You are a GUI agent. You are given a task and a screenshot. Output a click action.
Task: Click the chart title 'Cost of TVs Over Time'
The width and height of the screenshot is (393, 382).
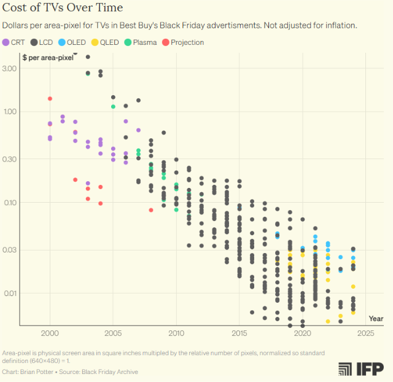[63, 8]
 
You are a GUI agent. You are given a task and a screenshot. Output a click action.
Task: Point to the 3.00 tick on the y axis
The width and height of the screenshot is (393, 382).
[10, 68]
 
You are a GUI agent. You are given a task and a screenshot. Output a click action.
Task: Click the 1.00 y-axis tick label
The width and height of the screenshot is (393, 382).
[10, 112]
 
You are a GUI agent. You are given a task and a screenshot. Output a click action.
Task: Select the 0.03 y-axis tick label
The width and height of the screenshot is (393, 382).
[10, 250]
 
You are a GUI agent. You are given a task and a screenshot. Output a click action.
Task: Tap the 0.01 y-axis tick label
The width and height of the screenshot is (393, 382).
[10, 294]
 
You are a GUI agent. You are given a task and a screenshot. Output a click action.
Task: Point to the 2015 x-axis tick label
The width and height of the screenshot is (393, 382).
[239, 333]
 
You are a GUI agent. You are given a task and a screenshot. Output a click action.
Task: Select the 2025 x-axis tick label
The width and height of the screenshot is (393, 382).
[366, 333]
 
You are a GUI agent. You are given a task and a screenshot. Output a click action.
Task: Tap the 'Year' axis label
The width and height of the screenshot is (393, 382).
[376, 319]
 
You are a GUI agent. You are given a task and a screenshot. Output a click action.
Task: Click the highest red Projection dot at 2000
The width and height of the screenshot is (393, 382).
[50, 98]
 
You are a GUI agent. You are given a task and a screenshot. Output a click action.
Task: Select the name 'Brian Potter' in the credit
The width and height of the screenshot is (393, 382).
[37, 372]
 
